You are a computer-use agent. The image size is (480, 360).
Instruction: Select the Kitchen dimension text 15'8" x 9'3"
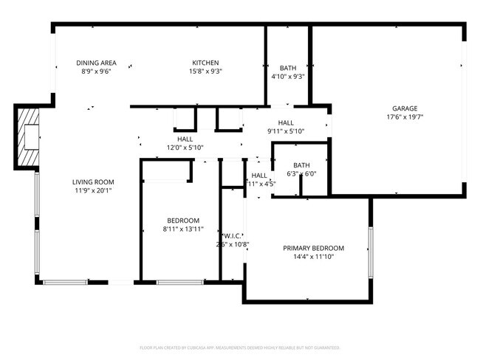pyautogui.click(x=206, y=72)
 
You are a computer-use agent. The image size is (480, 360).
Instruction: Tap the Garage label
pyautogui.click(x=405, y=108)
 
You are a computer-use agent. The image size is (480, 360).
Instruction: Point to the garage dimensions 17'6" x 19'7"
pyautogui.click(x=405, y=117)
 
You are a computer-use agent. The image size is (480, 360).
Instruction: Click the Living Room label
pyautogui.click(x=93, y=181)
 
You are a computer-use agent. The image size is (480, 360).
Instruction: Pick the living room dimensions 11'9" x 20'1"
pyautogui.click(x=93, y=190)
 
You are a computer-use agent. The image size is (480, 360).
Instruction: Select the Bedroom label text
pyautogui.click(x=182, y=221)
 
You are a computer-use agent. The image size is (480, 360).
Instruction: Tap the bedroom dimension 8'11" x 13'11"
pyautogui.click(x=182, y=229)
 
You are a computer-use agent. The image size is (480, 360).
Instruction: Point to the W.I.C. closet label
pyautogui.click(x=232, y=236)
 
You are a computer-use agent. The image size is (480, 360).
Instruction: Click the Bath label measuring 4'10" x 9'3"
pyautogui.click(x=288, y=68)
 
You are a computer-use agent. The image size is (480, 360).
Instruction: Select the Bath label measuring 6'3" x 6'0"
pyautogui.click(x=301, y=165)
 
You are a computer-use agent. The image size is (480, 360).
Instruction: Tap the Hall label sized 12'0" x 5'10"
pyautogui.click(x=185, y=139)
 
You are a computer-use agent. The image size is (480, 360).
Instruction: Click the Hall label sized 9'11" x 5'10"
pyautogui.click(x=286, y=122)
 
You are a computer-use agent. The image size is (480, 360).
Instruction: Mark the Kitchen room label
pyautogui.click(x=206, y=63)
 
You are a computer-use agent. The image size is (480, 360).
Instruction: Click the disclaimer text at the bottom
pyautogui.click(x=239, y=347)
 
